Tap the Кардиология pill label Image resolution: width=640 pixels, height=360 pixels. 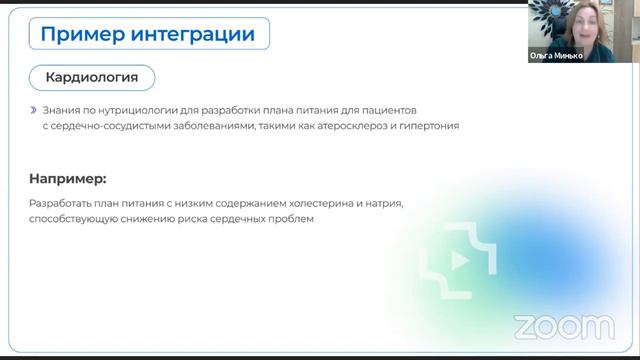pyautogui.click(x=92, y=76)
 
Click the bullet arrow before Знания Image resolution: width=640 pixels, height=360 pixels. pyautogui.click(x=34, y=109)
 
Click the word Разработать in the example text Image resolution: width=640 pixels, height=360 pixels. pyautogui.click(x=61, y=203)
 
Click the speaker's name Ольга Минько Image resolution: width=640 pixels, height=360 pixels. pyautogui.click(x=556, y=56)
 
